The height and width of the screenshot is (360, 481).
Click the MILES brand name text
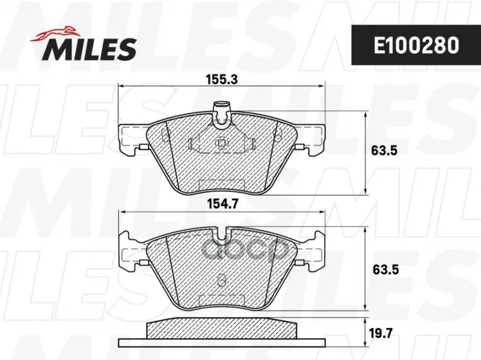coord(89,49)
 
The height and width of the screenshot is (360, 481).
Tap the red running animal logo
coord(54,34)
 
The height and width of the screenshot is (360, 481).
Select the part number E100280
coord(416,46)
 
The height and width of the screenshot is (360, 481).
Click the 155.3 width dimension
coord(221,80)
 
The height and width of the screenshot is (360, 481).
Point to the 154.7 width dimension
coord(222,204)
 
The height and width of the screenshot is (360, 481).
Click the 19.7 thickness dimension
coord(381,333)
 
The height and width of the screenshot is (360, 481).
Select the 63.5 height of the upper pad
coord(384,151)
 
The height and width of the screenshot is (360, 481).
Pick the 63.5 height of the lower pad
coord(385,270)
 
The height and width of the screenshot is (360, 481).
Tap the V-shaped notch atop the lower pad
coord(222,234)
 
